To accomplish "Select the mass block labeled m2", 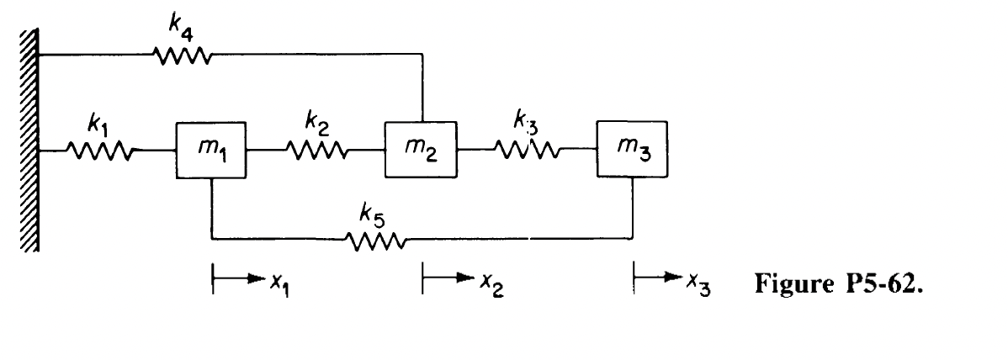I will point(421,150).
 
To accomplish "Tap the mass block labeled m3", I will point(632,150).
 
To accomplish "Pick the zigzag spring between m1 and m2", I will point(316,151).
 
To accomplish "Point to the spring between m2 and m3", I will point(527,151).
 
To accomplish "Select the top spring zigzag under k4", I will point(182,56).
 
